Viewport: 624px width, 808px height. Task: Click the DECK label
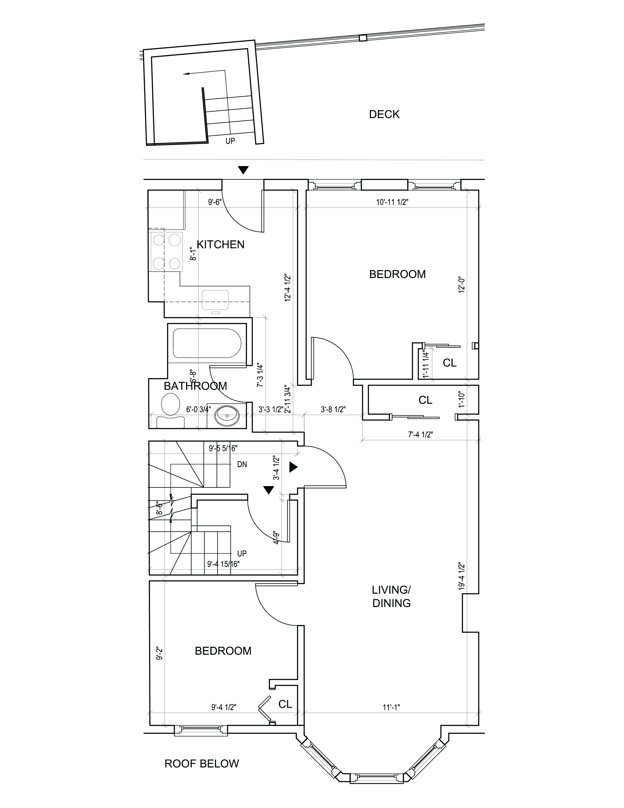(x=384, y=114)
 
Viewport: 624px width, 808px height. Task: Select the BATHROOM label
(x=195, y=386)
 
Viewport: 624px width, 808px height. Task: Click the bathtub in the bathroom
(x=207, y=343)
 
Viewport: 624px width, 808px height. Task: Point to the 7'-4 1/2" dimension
(x=420, y=435)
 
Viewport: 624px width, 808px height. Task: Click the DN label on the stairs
(x=242, y=464)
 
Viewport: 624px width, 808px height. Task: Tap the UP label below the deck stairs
(x=230, y=141)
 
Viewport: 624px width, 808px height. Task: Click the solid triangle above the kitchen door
(x=243, y=170)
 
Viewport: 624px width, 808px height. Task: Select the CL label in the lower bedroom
(x=285, y=704)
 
